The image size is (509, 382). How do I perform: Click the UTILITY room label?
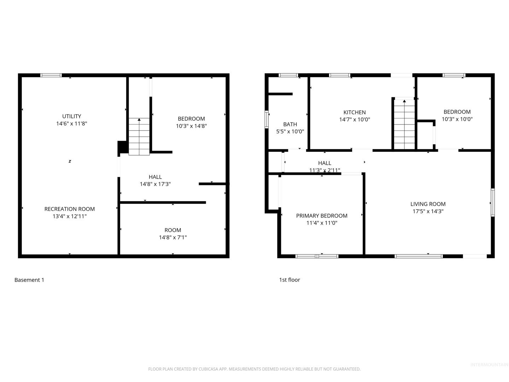click(71, 116)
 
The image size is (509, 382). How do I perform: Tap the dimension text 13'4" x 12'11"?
click(70, 216)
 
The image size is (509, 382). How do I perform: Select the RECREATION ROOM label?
click(70, 209)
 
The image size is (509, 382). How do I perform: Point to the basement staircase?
click(139, 137)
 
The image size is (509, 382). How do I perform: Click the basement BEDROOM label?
click(191, 119)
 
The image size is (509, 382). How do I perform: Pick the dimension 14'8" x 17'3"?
click(155, 184)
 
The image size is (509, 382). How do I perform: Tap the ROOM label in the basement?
click(173, 230)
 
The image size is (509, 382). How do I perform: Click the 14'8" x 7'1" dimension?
click(173, 237)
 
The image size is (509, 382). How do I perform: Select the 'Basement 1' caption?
click(29, 280)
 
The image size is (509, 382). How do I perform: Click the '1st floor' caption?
click(289, 280)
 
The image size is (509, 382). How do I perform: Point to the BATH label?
click(290, 124)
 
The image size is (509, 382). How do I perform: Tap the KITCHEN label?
click(354, 112)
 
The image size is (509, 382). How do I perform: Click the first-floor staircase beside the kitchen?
click(404, 124)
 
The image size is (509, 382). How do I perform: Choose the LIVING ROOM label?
click(428, 204)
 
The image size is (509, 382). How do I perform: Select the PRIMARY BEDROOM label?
click(322, 216)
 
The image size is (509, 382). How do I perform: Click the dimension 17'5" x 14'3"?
click(428, 211)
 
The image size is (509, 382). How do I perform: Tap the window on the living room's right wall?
click(492, 203)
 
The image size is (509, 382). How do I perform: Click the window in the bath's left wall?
click(267, 120)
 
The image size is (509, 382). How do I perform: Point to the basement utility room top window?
click(51, 75)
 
